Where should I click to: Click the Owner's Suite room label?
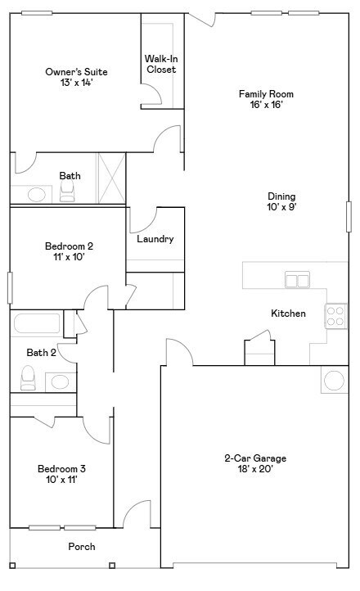click(x=76, y=72)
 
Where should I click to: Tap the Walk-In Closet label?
click(x=161, y=64)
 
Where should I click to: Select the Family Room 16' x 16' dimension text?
click(x=266, y=105)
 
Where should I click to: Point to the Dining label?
click(x=281, y=196)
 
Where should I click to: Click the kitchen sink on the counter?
click(x=297, y=281)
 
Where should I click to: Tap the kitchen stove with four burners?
click(x=336, y=316)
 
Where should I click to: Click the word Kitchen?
click(x=289, y=314)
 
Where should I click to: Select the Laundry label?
click(x=154, y=239)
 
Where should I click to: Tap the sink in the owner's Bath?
click(x=36, y=195)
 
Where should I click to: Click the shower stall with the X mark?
click(x=111, y=177)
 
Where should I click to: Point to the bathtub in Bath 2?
click(x=37, y=323)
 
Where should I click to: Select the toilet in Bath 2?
click(x=28, y=378)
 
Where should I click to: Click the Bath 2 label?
click(x=41, y=353)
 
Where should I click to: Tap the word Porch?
click(x=82, y=546)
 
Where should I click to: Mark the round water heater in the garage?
click(x=335, y=381)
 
